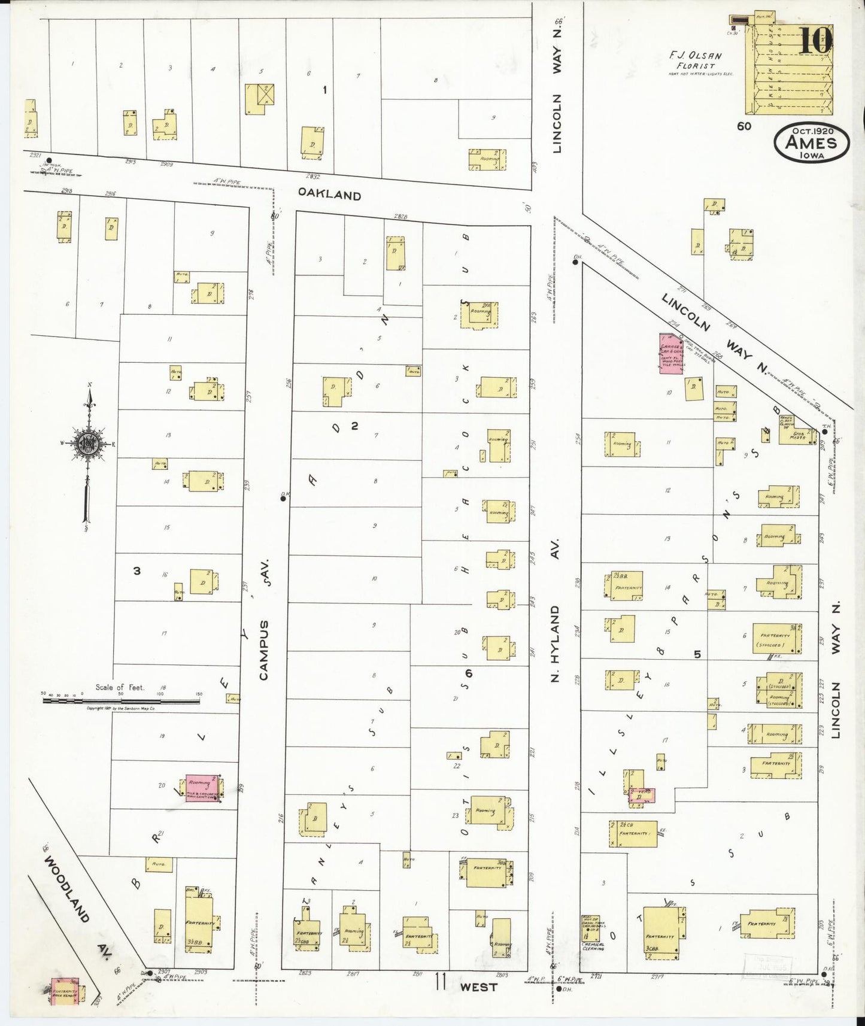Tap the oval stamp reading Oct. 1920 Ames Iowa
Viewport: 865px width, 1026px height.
[x=811, y=143]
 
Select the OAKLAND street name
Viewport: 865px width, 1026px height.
[x=330, y=196]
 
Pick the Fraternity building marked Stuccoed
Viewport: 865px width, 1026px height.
[x=776, y=639]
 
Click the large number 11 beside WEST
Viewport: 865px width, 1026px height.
[x=441, y=983]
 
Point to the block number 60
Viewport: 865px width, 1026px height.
[x=744, y=126]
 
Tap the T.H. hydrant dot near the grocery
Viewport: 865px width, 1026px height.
[x=825, y=432]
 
